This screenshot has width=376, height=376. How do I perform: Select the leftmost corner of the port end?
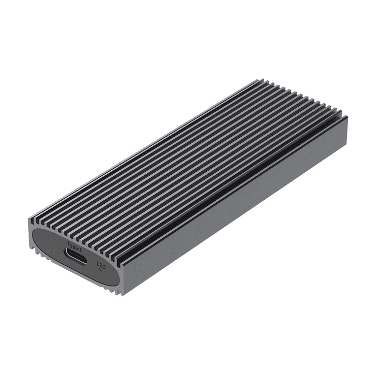[x=29, y=220]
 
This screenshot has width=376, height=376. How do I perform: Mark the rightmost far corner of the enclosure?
[x=347, y=117]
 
